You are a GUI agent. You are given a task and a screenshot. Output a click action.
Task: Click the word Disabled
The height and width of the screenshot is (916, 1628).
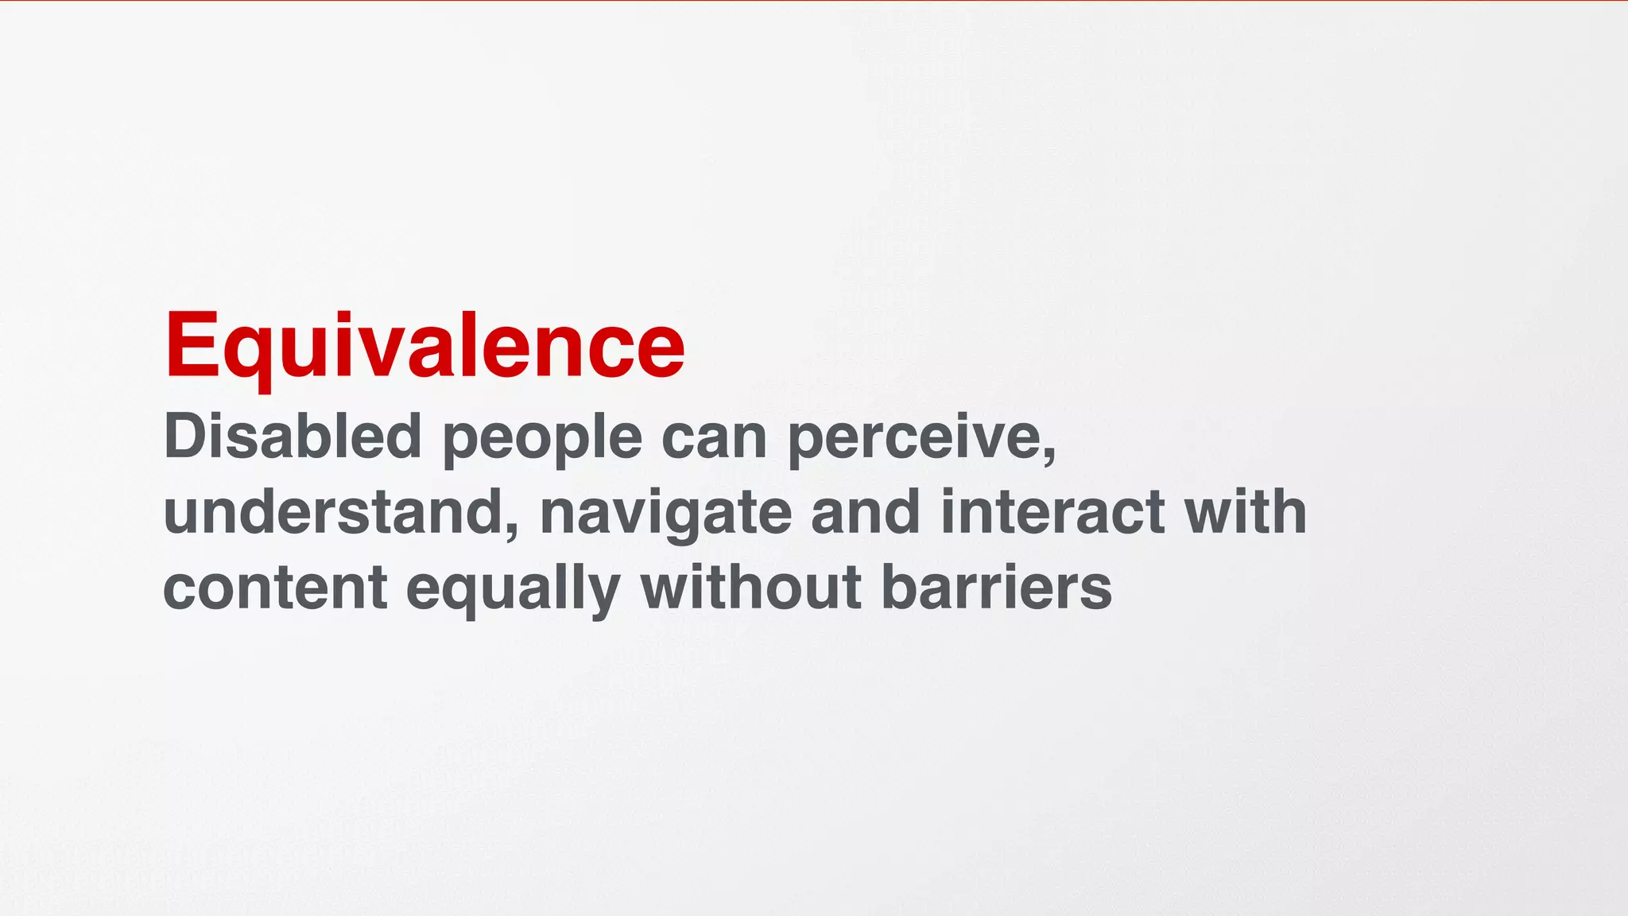pos(292,437)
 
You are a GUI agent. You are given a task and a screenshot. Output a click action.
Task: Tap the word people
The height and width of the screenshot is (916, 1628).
pos(541,439)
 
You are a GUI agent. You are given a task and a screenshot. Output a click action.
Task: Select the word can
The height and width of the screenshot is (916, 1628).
pos(714,439)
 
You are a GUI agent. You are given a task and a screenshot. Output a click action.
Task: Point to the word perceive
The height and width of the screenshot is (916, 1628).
pos(914,439)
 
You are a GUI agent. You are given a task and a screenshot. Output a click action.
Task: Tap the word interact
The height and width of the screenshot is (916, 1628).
pos(1052,513)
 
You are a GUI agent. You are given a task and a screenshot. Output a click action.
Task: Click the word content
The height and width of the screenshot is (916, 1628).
pos(275,589)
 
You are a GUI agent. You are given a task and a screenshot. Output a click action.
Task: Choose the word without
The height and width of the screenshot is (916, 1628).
pos(751,588)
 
